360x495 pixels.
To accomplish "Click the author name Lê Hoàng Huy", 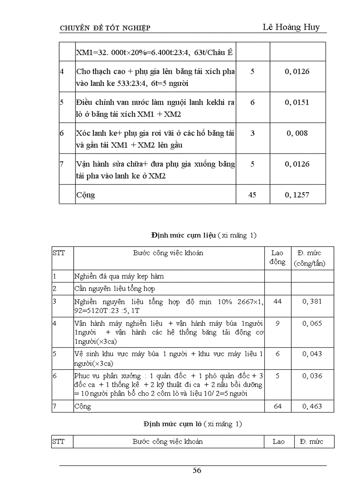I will point(291,27).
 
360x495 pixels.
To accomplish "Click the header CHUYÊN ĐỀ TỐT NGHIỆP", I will point(105,28).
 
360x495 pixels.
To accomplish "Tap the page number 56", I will point(197,470).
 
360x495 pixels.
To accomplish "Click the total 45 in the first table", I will point(252,194).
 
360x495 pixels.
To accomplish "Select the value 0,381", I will point(312,301).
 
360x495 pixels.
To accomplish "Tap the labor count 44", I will point(277,301).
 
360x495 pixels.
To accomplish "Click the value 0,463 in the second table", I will point(312,406).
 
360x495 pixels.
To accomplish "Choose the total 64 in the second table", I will point(277,406).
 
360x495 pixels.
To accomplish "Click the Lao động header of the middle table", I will point(277,257).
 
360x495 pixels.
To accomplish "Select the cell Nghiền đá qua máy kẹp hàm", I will point(119,276).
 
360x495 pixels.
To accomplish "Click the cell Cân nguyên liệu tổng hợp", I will point(115,288).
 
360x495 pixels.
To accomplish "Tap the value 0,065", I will point(312,323).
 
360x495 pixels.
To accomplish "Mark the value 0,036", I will point(312,376).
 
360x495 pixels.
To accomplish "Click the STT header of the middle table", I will point(58,253).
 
